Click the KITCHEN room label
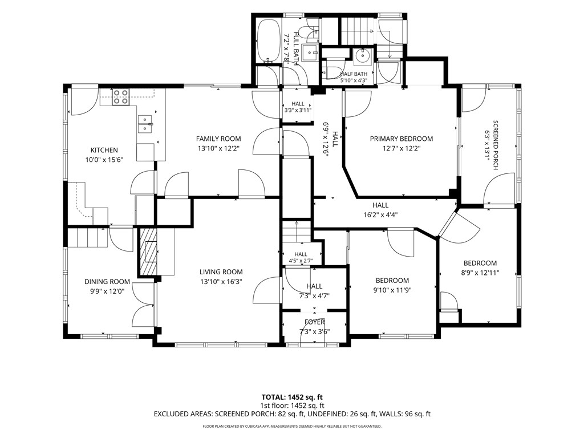coord(104,150)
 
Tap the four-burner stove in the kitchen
coord(120,96)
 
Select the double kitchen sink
coord(145,124)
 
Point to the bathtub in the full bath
coord(268,40)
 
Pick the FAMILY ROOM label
coord(218,139)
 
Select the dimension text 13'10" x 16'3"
coord(221,282)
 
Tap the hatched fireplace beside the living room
coord(148,252)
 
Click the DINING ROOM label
coord(107,282)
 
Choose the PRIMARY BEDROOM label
coord(401,139)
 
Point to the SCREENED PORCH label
coord(496,145)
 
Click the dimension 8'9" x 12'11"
coord(480,273)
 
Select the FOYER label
coord(314,322)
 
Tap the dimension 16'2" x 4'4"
coord(380,215)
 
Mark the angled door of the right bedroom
coord(459,225)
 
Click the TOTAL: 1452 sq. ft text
coord(291,397)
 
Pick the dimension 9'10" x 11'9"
coord(392,290)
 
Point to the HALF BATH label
coord(354,74)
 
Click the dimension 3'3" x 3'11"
coord(298,110)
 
